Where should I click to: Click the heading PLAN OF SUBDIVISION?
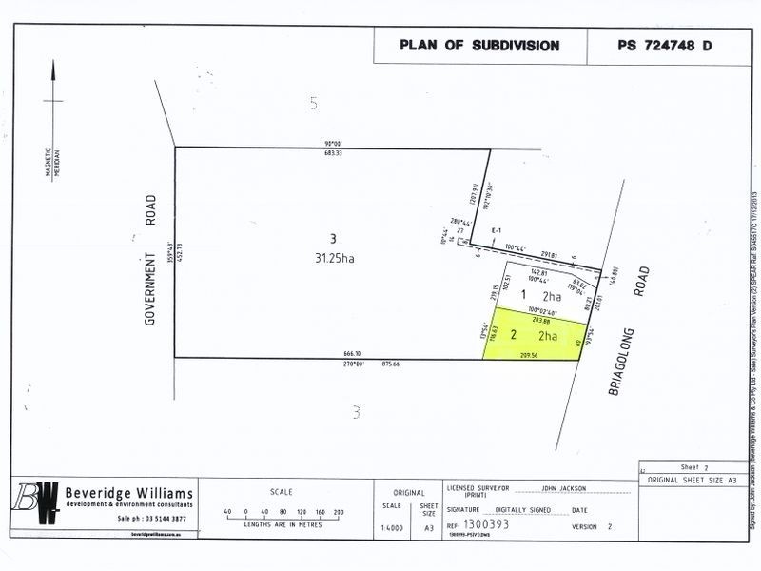pyautogui.click(x=478, y=45)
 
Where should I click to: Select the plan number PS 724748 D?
pyautogui.click(x=664, y=45)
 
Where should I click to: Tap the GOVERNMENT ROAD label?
pyautogui.click(x=150, y=261)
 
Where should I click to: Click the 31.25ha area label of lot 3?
pyautogui.click(x=333, y=256)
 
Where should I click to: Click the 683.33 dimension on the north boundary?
pyautogui.click(x=332, y=153)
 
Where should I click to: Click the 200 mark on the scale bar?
pyautogui.click(x=338, y=513)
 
